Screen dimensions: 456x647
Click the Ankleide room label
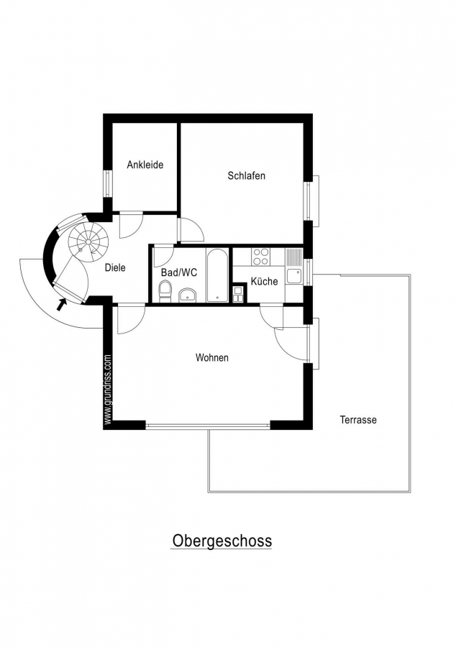click(x=145, y=165)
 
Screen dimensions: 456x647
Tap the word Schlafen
click(x=247, y=176)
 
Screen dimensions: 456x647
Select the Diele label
click(x=115, y=267)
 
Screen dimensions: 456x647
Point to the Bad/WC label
click(x=179, y=272)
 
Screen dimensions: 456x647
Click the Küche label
click(x=265, y=281)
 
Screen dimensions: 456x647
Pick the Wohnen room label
click(x=212, y=357)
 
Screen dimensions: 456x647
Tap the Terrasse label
click(x=358, y=420)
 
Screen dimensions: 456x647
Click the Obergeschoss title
click(x=222, y=541)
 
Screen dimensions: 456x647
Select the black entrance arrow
click(x=61, y=304)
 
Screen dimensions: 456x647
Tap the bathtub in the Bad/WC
click(x=216, y=275)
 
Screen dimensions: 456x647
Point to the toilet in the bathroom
click(x=165, y=290)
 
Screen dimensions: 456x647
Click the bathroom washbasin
click(x=188, y=295)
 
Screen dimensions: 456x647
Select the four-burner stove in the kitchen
click(x=261, y=256)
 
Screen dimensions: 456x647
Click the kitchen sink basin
click(x=295, y=276)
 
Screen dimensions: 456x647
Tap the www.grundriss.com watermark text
click(x=108, y=389)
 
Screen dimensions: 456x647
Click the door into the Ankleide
click(x=131, y=225)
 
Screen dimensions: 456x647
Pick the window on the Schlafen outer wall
click(x=312, y=201)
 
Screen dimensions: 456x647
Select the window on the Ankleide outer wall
click(x=108, y=184)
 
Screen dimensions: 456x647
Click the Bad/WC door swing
click(x=163, y=256)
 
